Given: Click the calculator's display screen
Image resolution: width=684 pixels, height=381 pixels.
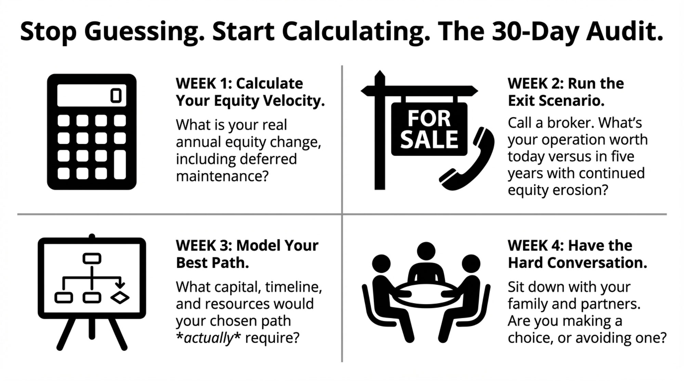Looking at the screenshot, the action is click(92, 95).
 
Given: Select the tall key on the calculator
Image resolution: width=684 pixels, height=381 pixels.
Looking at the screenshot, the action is click(120, 164).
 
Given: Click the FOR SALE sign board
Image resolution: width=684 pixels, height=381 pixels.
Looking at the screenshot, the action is click(429, 129).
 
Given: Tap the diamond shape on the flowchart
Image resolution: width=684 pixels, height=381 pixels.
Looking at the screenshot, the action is click(120, 297).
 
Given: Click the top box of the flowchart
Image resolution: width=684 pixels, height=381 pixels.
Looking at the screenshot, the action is click(92, 258).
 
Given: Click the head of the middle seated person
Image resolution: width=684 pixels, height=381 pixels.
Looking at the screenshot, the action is click(426, 251).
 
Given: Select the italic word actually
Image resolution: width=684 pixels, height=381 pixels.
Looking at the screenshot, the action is click(208, 338).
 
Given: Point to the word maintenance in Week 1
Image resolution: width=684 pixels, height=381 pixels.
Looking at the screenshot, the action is click(222, 177).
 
